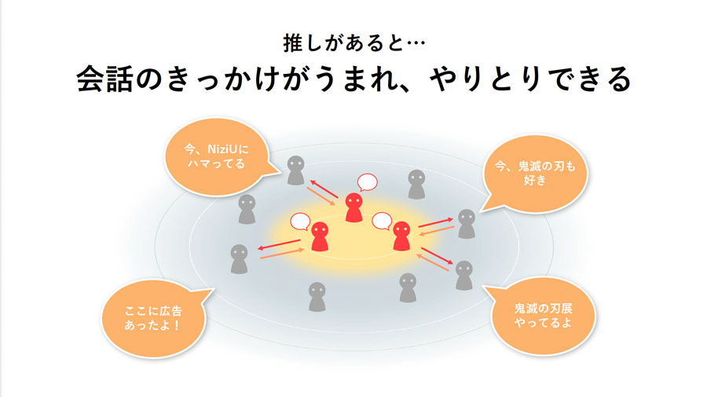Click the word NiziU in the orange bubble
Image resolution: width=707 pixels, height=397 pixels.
223,149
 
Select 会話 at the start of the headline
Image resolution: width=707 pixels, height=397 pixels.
104,79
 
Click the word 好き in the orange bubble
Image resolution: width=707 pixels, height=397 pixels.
535,180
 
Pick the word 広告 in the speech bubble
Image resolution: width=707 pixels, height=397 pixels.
171,311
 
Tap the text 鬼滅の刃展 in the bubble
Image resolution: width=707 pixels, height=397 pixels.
543,309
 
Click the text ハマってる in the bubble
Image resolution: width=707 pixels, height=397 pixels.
216,164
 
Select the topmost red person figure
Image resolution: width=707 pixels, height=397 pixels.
354,208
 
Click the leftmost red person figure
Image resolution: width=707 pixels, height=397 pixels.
320,237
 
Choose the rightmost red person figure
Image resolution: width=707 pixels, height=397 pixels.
401,236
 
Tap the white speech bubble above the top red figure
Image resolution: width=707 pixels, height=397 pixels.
367,182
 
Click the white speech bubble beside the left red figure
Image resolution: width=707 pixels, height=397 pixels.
300,222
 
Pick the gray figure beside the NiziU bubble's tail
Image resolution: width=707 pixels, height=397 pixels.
296,171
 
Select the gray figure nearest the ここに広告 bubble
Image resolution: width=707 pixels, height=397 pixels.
239,259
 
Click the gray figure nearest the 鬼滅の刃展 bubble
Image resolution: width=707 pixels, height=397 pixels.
463,275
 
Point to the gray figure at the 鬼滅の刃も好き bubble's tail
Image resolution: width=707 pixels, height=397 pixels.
467,224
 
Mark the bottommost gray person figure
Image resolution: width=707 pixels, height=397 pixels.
317,297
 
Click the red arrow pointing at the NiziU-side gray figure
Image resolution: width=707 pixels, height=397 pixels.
324,189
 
